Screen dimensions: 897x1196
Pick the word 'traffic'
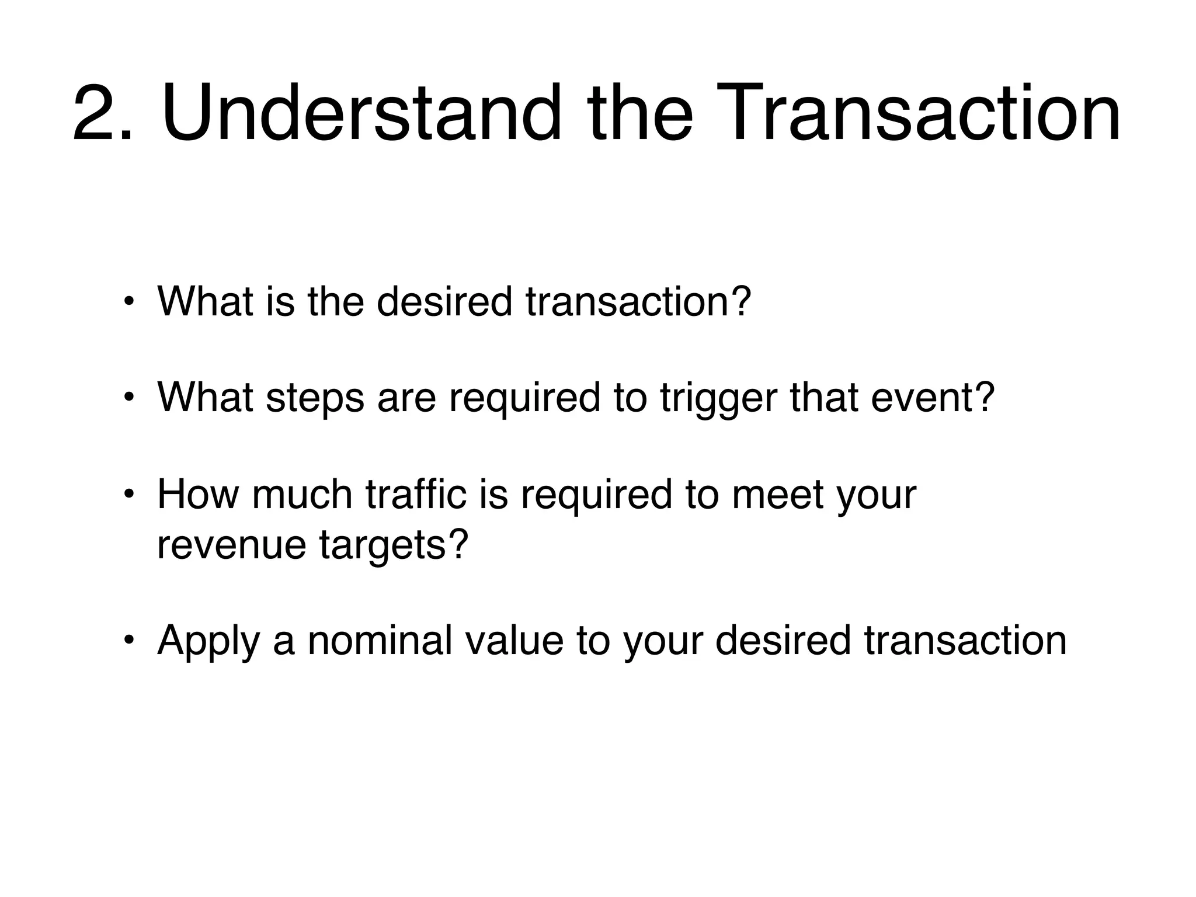click(x=416, y=495)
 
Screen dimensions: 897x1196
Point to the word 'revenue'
click(x=231, y=545)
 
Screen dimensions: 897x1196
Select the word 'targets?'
click(x=394, y=545)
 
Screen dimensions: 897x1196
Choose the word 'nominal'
click(x=380, y=641)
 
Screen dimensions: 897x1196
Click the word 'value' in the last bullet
click(x=514, y=641)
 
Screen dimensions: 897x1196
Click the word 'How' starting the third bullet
click(x=198, y=495)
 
